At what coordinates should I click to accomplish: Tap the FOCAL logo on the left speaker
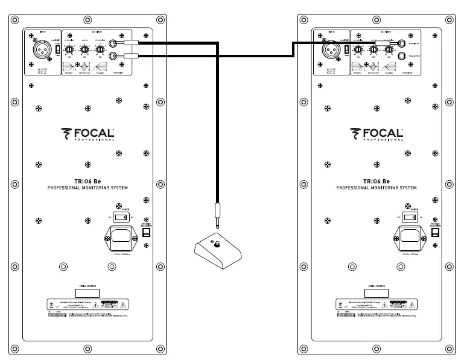click(88, 133)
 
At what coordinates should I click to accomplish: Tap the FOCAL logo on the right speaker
click(377, 133)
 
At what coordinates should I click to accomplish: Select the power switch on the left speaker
click(122, 218)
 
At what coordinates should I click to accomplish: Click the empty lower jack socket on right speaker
click(402, 56)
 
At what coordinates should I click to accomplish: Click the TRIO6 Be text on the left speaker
click(89, 181)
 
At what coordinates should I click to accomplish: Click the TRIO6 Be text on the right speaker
click(377, 181)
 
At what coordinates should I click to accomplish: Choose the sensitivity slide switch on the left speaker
click(57, 51)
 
